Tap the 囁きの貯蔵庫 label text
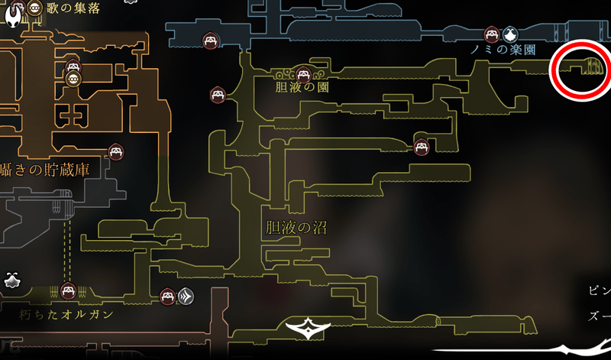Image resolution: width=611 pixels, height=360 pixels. tap(46, 170)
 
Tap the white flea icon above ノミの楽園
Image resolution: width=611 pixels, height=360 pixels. tap(510, 34)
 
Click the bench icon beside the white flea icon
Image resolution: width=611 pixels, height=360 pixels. tap(492, 34)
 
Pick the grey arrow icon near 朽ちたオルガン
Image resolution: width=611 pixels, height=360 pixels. tap(186, 296)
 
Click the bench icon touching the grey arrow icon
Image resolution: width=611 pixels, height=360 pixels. tap(169, 296)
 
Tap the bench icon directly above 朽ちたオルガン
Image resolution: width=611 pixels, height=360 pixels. tap(68, 290)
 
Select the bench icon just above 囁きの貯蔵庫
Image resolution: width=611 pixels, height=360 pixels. tap(115, 151)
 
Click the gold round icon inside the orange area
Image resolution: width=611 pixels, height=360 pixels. tap(73, 79)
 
